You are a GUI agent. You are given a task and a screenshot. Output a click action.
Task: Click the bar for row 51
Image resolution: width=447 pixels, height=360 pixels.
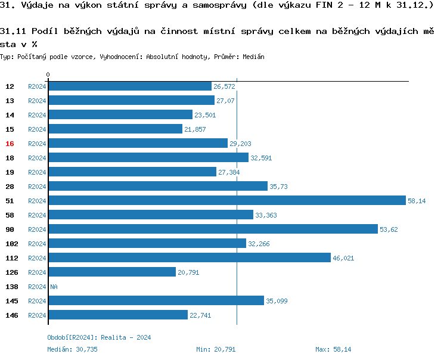click(x=226, y=201)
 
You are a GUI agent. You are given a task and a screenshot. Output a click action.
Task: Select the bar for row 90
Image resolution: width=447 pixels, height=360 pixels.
click(x=213, y=229)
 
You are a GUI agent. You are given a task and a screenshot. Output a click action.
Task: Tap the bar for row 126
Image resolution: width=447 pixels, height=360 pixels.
click(x=112, y=272)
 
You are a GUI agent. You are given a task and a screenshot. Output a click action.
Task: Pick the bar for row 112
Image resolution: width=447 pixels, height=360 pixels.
click(x=189, y=258)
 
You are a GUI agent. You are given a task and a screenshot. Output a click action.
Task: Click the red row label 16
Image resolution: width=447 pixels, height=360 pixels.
click(x=10, y=144)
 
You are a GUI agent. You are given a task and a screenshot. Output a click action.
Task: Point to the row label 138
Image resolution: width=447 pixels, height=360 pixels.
click(x=11, y=287)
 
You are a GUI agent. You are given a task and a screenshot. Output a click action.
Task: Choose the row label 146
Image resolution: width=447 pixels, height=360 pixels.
click(x=11, y=315)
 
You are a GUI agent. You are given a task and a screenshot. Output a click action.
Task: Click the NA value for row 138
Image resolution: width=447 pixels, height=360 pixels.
click(x=54, y=287)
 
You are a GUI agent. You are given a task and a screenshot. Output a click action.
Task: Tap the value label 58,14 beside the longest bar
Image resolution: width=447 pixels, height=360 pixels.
click(x=417, y=201)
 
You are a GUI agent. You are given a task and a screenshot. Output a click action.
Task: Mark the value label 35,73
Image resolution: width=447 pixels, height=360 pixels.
click(x=278, y=187)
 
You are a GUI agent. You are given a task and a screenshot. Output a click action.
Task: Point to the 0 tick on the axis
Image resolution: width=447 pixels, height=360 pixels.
click(x=48, y=75)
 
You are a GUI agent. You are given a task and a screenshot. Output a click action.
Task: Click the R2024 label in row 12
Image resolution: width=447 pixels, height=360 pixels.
click(x=37, y=86)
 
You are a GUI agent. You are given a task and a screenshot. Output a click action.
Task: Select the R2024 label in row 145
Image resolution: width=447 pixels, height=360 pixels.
click(x=37, y=301)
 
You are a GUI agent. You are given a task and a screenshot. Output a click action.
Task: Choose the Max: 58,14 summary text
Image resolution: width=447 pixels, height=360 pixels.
click(x=333, y=349)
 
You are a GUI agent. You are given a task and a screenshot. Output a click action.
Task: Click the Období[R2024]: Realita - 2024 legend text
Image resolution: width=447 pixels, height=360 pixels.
click(x=99, y=337)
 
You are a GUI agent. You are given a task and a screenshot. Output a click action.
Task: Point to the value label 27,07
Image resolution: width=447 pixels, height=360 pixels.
click(x=225, y=101)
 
